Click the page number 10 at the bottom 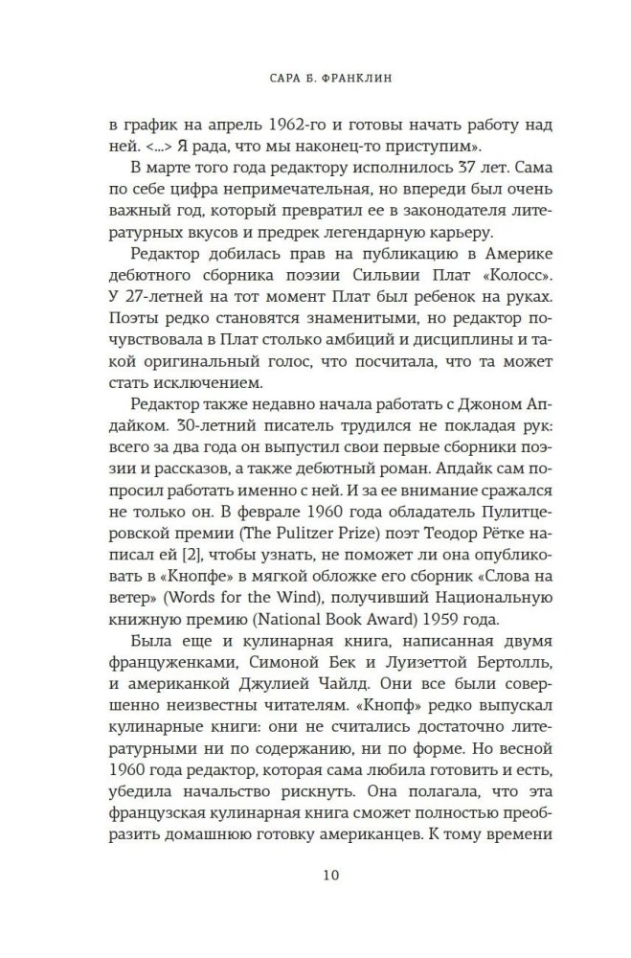coord(315,875)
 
